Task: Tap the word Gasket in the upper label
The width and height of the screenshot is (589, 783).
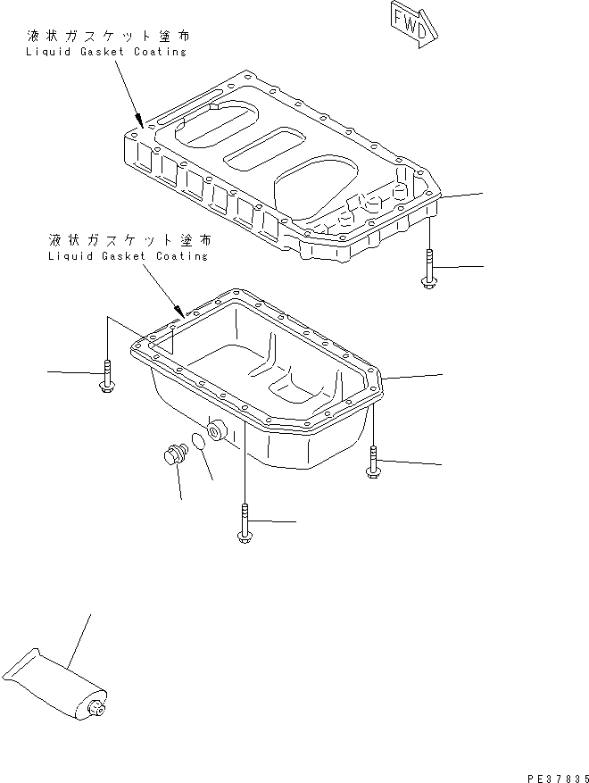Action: tap(93, 52)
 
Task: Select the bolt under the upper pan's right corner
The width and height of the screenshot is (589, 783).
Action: tap(429, 271)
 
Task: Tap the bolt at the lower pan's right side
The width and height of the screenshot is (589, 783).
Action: tap(372, 463)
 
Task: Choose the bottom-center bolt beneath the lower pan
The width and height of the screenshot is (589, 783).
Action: tap(244, 522)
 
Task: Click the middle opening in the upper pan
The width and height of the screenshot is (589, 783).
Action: tap(265, 146)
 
